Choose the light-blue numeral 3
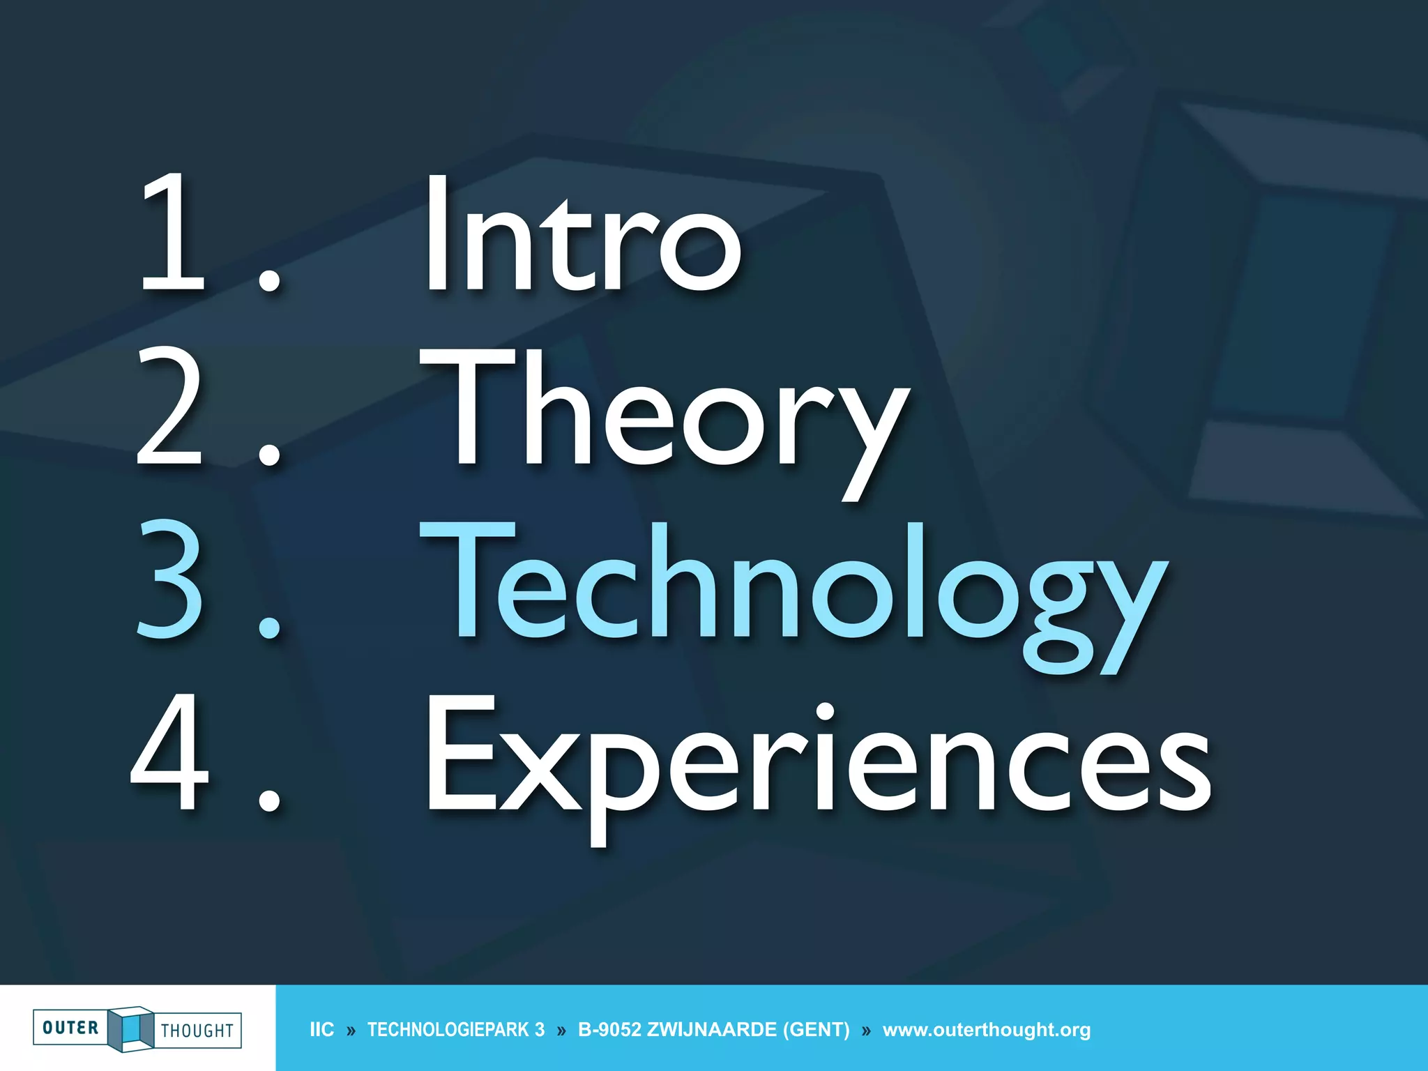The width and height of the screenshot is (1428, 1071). click(169, 580)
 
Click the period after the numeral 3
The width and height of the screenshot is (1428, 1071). click(269, 626)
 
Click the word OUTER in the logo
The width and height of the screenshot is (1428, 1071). click(70, 1028)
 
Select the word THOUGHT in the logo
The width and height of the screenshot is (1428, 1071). click(197, 1031)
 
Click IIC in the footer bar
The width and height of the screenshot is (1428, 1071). click(321, 1030)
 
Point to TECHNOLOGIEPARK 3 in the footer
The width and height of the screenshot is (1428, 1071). click(456, 1030)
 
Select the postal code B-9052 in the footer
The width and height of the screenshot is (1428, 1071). click(609, 1030)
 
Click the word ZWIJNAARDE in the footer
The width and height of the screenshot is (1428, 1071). click(711, 1030)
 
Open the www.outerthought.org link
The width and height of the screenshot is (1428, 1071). click(987, 1030)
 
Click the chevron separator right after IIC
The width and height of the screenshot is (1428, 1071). click(351, 1031)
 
